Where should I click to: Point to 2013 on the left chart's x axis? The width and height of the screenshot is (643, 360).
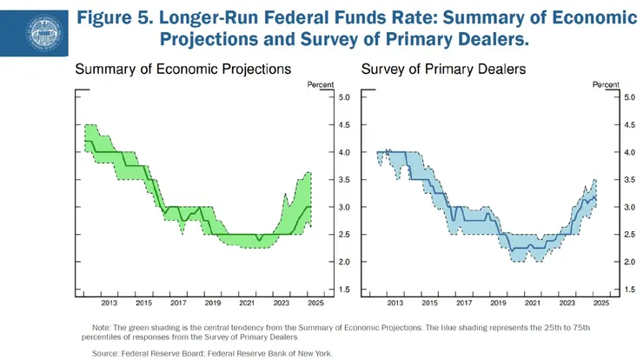click(x=109, y=303)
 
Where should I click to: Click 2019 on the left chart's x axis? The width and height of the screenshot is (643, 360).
click(x=212, y=303)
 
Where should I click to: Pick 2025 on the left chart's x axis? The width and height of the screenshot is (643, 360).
click(x=315, y=303)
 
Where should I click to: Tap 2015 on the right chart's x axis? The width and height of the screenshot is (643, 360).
click(x=430, y=303)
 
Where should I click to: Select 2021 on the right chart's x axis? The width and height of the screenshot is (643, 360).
click(x=534, y=303)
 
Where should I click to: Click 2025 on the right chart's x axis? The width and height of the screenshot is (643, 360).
click(x=601, y=303)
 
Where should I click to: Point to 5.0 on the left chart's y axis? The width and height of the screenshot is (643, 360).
click(x=343, y=97)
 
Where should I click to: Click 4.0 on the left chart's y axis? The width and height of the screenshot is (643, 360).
click(x=343, y=152)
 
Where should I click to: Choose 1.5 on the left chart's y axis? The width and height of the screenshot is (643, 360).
click(x=343, y=290)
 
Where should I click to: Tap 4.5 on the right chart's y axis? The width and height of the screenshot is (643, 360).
click(x=630, y=124)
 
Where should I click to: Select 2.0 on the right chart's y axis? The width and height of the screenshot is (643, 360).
click(x=630, y=262)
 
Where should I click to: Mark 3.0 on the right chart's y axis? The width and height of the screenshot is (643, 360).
click(x=630, y=207)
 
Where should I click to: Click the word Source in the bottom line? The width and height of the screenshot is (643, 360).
click(x=106, y=353)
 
